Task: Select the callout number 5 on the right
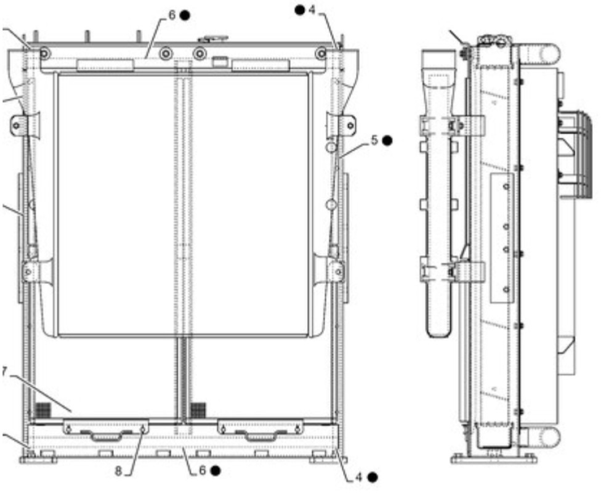[374, 141]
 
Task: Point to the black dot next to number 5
[387, 141]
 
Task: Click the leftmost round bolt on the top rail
[44, 54]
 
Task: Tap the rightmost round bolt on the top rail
[321, 54]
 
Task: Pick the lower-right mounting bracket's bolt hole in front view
[339, 270]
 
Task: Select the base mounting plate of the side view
[493, 458]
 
